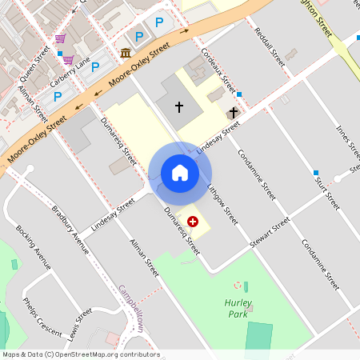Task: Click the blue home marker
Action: coord(180,172)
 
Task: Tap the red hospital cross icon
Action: coord(193,220)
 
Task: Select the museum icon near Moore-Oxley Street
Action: coord(126,53)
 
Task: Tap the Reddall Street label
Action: coord(269,48)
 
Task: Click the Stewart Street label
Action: coord(269,235)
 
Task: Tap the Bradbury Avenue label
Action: coord(70,230)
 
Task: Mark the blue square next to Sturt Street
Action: coord(317,173)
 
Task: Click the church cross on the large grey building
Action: coord(178,106)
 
